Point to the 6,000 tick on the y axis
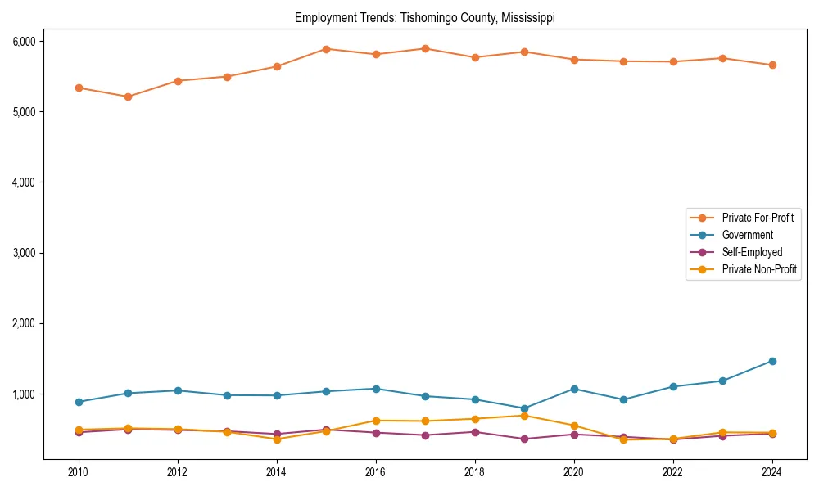coord(22,41)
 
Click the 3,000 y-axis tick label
coord(22,253)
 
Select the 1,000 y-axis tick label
coord(22,394)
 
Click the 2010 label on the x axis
coord(79,472)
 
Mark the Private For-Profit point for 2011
coord(128,97)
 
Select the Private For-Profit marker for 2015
coord(326,49)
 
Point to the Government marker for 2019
coord(524,408)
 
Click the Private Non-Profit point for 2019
coord(524,416)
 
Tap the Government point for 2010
coord(79,402)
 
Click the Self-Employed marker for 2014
coord(277,434)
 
